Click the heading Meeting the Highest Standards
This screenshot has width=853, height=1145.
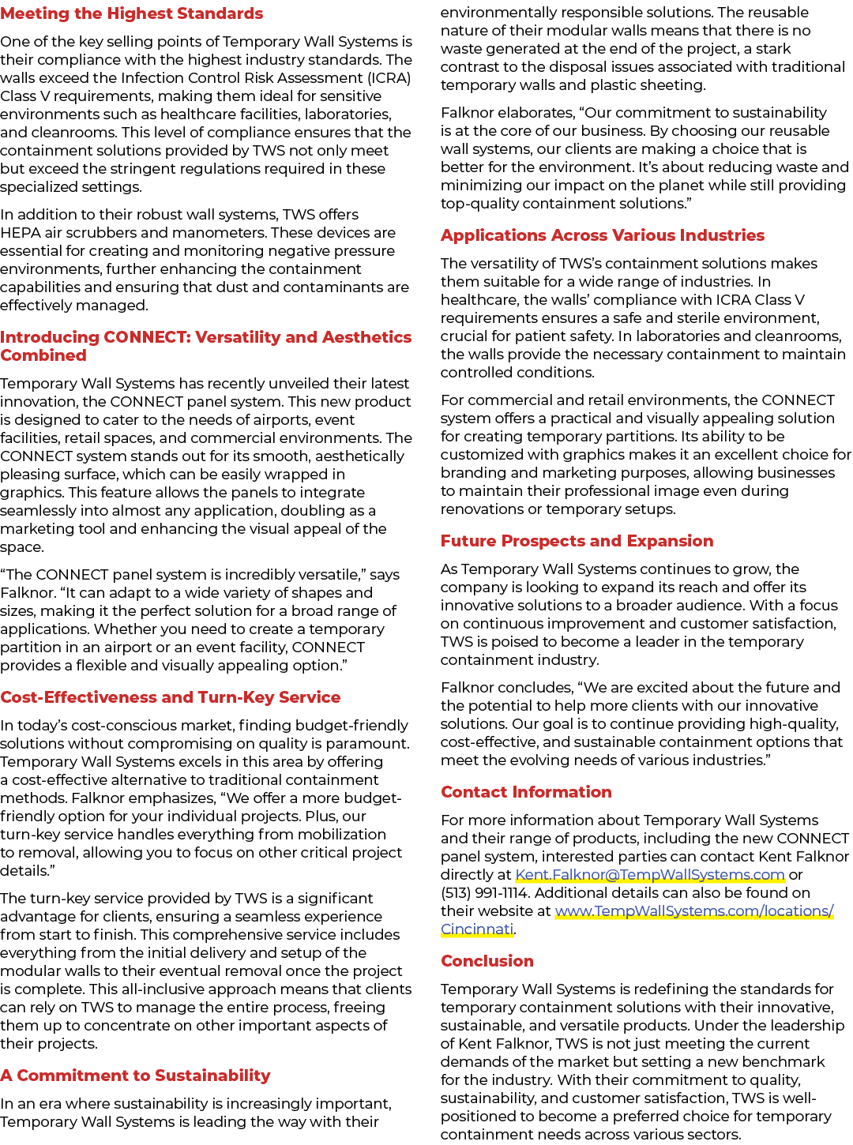(x=132, y=13)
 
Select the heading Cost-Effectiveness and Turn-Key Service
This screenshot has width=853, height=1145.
(x=171, y=697)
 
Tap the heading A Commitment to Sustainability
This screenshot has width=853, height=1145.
(x=135, y=1076)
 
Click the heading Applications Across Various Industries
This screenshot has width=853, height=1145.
(x=603, y=235)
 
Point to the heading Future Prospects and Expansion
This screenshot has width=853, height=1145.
(x=577, y=541)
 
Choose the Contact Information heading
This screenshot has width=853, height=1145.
(x=527, y=792)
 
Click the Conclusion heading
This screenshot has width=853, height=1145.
(x=487, y=961)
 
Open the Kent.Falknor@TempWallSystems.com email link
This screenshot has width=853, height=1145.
(x=650, y=875)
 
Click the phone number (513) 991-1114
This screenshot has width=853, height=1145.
(x=484, y=893)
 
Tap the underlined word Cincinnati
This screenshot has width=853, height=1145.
(x=477, y=929)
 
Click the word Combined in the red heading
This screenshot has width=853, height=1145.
(x=43, y=355)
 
